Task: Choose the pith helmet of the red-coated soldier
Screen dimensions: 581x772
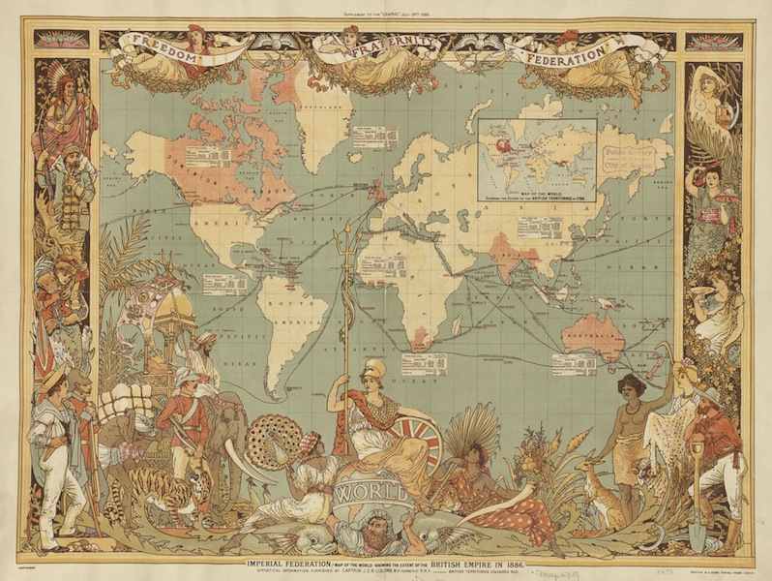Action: [x=186, y=375]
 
